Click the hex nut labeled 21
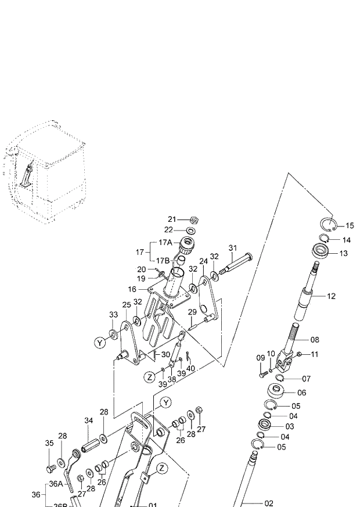(196, 220)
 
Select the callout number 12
(331, 296)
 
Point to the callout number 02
(268, 504)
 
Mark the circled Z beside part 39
(150, 377)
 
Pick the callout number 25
(126, 305)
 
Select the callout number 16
(132, 289)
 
